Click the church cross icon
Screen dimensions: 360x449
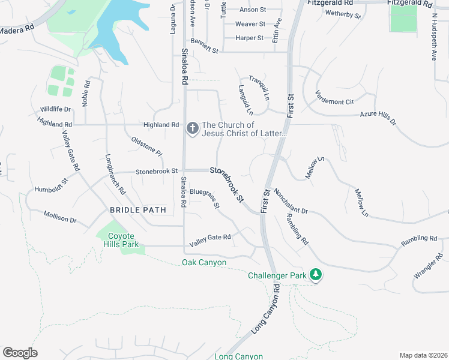(x=193, y=128)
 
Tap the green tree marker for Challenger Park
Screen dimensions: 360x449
(x=316, y=275)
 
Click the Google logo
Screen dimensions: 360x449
(x=20, y=353)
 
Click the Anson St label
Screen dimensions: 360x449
(x=253, y=10)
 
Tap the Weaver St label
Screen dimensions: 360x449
(x=250, y=24)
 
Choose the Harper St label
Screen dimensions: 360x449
(x=250, y=38)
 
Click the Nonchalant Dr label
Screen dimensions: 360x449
(x=291, y=202)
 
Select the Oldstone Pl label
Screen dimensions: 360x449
(x=146, y=146)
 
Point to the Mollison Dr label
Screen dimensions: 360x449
(x=59, y=216)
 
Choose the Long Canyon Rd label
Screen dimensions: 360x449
(x=266, y=309)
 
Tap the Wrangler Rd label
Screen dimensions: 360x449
(x=427, y=267)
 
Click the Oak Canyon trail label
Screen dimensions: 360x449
(x=204, y=263)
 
